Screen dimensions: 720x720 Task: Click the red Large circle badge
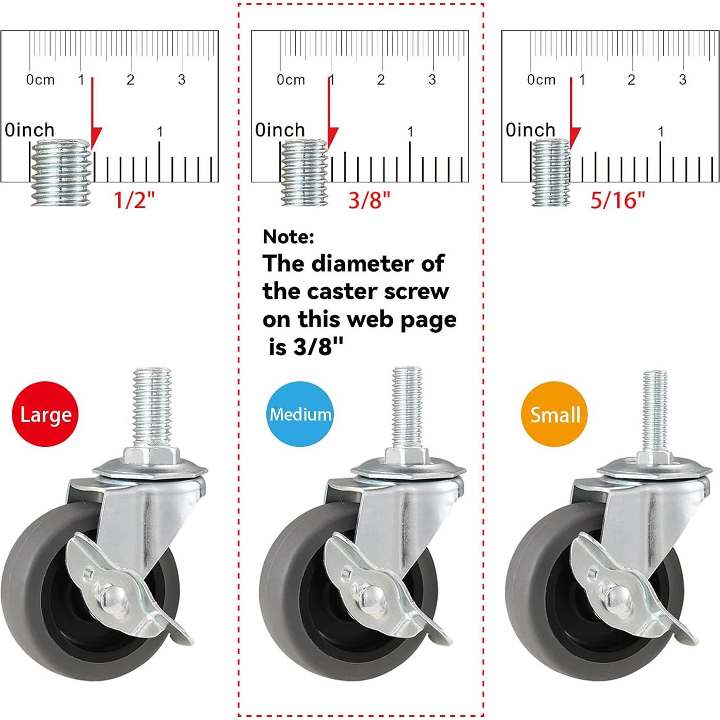(45, 413)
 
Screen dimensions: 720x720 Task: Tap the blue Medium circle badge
(300, 413)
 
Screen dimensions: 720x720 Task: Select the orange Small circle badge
(554, 413)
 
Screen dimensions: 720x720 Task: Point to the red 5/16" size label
(618, 200)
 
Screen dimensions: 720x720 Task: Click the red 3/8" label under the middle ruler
(369, 200)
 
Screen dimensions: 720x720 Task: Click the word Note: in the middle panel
(289, 236)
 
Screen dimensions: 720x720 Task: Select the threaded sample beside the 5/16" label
(551, 172)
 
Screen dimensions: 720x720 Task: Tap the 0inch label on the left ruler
(29, 130)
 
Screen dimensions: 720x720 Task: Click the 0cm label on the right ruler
(541, 79)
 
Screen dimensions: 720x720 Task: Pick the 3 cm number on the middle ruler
(432, 79)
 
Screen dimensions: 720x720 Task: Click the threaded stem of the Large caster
(152, 407)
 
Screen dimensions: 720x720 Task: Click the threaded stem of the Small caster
(654, 411)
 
